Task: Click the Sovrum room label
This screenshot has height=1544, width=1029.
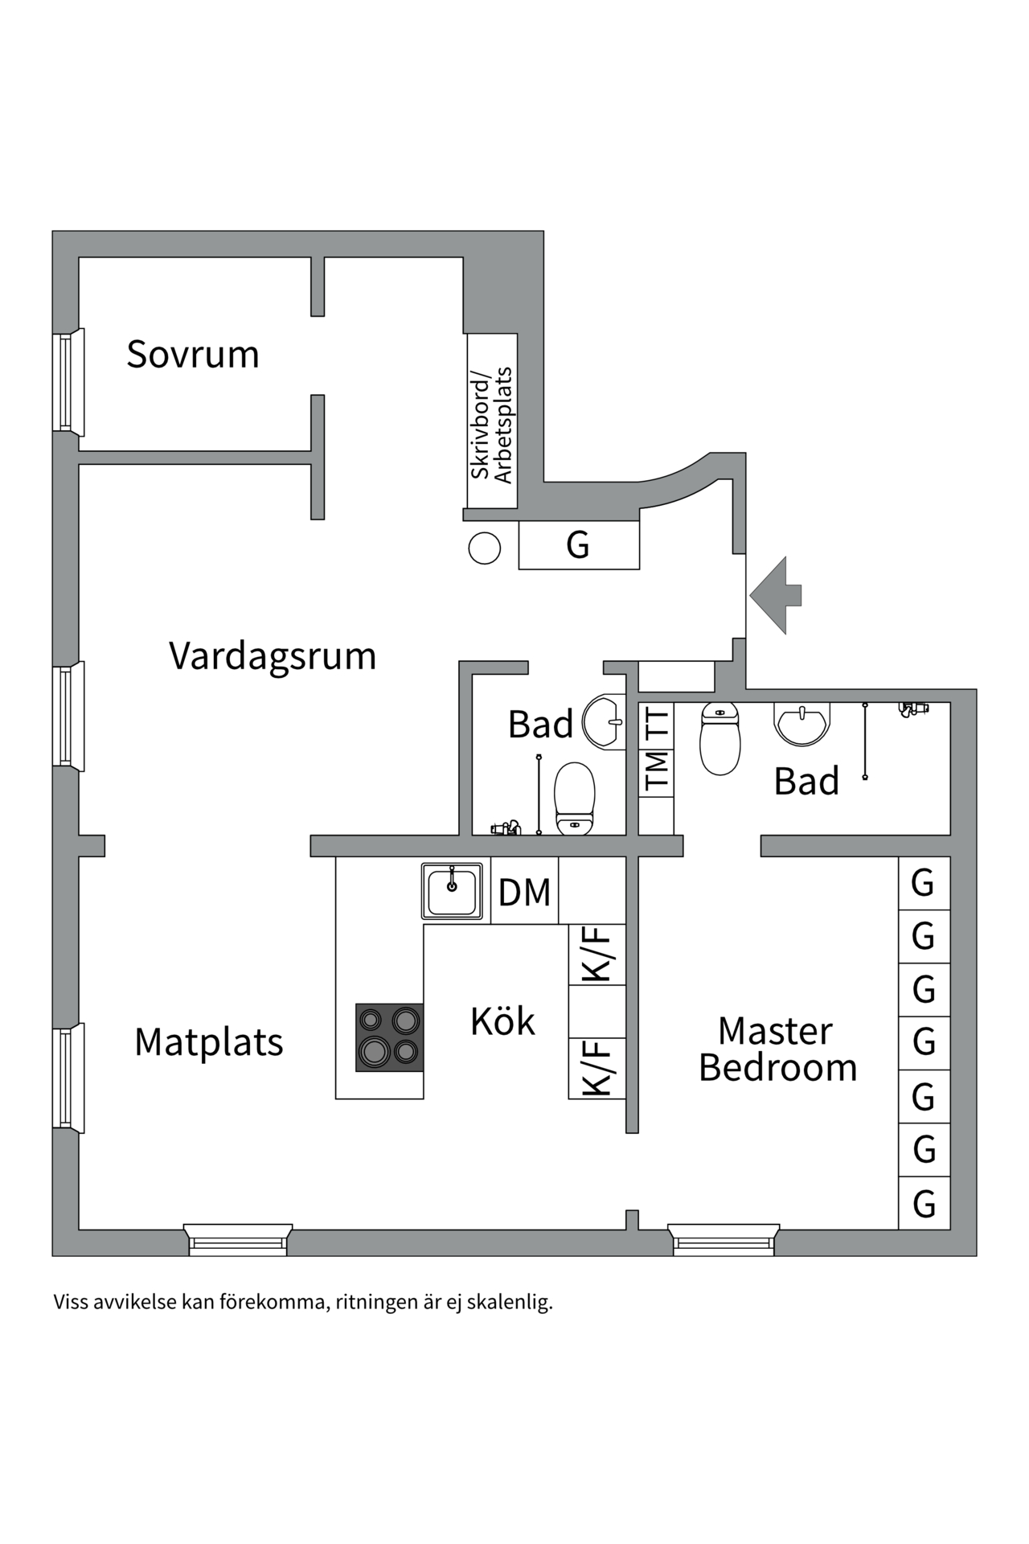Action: (193, 355)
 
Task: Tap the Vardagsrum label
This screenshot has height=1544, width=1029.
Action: (273, 656)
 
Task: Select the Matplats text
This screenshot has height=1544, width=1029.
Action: (209, 1042)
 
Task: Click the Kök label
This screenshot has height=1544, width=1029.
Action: (502, 1021)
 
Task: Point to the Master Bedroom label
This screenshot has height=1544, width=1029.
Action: (777, 1049)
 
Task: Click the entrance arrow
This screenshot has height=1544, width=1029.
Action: (775, 595)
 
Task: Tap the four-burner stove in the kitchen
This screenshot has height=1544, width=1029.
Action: (389, 1037)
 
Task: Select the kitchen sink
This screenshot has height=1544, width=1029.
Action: (452, 890)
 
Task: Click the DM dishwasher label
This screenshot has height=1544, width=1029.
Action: (524, 892)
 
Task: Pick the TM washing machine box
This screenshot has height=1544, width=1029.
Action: (656, 770)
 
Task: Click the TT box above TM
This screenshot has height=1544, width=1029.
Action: (656, 723)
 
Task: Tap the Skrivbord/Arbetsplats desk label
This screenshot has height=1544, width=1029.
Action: (492, 425)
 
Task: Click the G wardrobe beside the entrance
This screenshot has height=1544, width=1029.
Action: (578, 544)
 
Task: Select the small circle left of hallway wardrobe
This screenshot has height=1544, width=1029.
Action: (485, 548)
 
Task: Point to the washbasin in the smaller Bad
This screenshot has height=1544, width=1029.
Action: (604, 721)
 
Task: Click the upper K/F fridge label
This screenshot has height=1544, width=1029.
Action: (596, 954)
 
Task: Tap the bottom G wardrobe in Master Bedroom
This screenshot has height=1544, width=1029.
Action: (924, 1204)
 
